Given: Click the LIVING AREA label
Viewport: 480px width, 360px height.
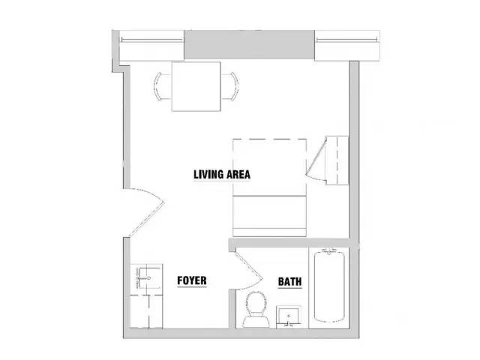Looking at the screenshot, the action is pos(222,175).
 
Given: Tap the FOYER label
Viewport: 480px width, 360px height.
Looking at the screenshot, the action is pos(192,280).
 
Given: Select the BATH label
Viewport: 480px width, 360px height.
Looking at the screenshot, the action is pos(290,281).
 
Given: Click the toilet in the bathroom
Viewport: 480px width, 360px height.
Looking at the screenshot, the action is pos(256,309).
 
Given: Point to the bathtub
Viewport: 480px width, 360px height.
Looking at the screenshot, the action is pos(329,286).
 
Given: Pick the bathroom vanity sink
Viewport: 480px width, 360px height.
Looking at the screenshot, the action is pos(288,316).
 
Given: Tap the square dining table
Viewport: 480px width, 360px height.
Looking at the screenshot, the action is pos(196,86).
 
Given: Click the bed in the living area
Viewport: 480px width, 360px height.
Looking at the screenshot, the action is pos(269,187).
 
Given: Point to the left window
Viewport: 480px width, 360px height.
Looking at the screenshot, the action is pos(151,46).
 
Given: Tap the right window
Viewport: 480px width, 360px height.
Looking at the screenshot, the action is pos(347,46).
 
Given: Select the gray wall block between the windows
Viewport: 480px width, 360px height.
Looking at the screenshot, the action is pos(249,45).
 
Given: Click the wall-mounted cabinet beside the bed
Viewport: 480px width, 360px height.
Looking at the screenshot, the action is pos(337,160).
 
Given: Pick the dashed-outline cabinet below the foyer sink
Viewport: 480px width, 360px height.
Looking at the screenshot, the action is pos(146,311).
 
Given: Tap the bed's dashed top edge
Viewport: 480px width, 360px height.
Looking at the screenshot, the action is pos(269,139).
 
